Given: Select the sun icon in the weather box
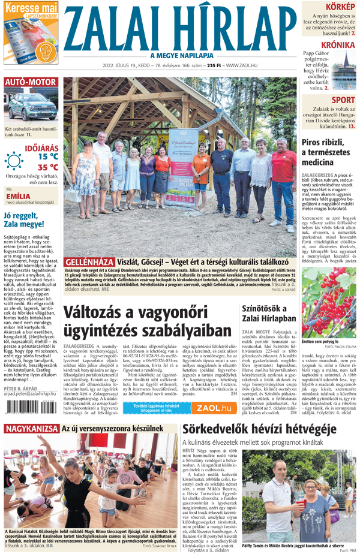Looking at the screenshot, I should pyautogui.click(x=13, y=161).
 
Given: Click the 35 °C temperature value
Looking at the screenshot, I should pyautogui.click(x=48, y=167).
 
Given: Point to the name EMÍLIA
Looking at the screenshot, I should pyautogui.click(x=22, y=196).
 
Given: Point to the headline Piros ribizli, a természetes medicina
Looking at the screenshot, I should pyautogui.click(x=325, y=152).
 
